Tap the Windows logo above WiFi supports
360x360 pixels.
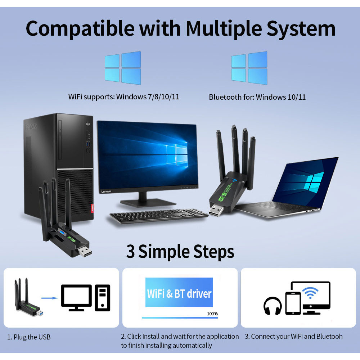click(x=123, y=68)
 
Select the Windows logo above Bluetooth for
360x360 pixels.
click(x=249, y=68)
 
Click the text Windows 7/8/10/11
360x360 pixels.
click(x=148, y=97)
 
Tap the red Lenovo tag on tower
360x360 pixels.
click(x=92, y=208)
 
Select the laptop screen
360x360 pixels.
click(x=305, y=182)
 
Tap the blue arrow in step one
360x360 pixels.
click(x=49, y=298)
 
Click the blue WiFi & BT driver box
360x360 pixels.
click(x=179, y=293)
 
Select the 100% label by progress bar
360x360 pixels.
click(x=212, y=314)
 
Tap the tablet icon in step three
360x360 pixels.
click(x=293, y=303)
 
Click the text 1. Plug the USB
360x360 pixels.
click(x=29, y=337)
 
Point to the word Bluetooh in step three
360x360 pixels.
click(x=329, y=337)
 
